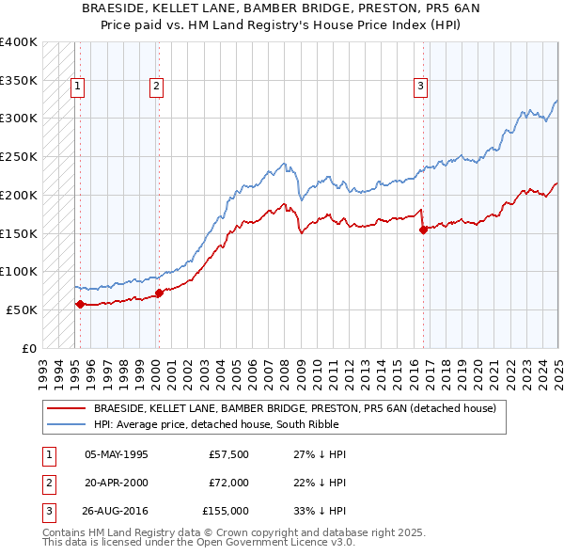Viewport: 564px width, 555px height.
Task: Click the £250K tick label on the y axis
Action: [x=18, y=157]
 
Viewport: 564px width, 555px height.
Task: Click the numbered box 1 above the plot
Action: [x=76, y=87]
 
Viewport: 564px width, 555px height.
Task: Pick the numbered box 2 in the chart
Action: [x=155, y=87]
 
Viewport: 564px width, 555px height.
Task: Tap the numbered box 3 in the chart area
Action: [x=420, y=87]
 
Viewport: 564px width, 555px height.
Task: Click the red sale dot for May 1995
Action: [x=80, y=304]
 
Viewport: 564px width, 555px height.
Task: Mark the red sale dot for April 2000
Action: [x=160, y=293]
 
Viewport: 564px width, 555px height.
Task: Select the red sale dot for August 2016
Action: [x=423, y=230]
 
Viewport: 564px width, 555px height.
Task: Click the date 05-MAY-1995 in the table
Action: [x=117, y=454]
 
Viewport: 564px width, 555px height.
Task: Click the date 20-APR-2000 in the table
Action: [x=117, y=483]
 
